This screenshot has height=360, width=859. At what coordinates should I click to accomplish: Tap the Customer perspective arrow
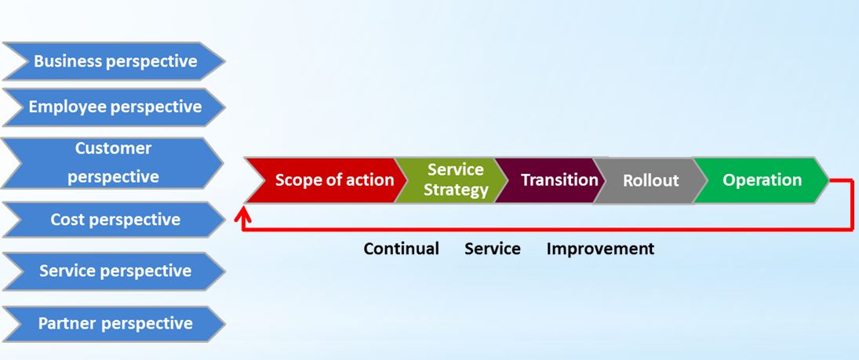[x=114, y=163]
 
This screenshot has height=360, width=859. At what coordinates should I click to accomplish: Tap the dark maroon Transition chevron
[x=551, y=180]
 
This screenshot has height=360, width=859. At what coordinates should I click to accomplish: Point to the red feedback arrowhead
[x=242, y=216]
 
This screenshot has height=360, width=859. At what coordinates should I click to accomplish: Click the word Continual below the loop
[x=402, y=249]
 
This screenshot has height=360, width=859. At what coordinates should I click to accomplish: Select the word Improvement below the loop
[x=600, y=249]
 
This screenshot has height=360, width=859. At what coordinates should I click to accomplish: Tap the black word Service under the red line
[x=493, y=249]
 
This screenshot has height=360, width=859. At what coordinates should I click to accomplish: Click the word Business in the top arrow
[x=68, y=61]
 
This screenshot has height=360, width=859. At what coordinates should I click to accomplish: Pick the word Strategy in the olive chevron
[x=456, y=190]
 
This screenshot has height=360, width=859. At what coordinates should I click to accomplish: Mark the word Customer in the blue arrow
[x=114, y=148]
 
